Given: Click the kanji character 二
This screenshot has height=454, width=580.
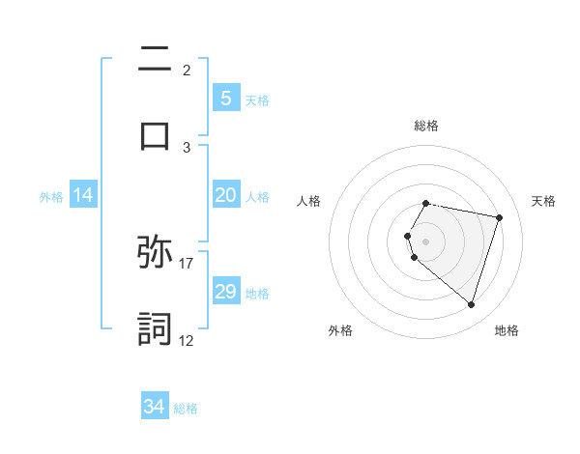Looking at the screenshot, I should click(x=154, y=61).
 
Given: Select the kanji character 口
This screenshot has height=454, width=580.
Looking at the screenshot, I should click(x=154, y=134).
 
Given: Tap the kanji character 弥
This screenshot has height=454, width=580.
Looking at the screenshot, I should click(x=155, y=254).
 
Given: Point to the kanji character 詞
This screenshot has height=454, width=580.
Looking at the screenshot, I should click(x=155, y=328).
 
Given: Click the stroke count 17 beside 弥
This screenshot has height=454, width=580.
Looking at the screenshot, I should click(x=187, y=262).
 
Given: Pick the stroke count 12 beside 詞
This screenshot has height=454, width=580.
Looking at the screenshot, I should click(x=187, y=339).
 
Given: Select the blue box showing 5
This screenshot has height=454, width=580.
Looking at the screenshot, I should click(x=225, y=99).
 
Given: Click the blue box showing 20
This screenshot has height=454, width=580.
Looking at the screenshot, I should click(x=225, y=195).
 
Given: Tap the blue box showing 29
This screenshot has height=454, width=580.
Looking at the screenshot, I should click(x=225, y=292).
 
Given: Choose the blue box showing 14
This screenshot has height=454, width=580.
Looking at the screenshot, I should click(x=83, y=195).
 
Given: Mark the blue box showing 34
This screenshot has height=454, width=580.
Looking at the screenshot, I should click(x=154, y=407).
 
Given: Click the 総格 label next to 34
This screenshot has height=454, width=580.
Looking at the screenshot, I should click(x=187, y=409).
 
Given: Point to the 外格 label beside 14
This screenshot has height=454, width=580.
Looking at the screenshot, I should click(x=51, y=197).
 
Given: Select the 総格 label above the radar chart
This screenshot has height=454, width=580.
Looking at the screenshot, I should click(x=425, y=126).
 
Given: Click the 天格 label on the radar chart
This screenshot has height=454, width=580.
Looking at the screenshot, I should click(x=544, y=201).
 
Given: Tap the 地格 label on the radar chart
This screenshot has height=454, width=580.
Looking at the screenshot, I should click(x=507, y=330).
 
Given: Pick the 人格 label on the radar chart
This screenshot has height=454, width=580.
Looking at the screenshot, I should click(x=308, y=201).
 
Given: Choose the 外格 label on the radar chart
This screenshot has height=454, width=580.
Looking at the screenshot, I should click(x=340, y=330).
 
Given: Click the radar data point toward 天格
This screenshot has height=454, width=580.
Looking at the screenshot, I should click(x=500, y=217).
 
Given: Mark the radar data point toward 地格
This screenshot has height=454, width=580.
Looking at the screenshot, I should click(x=471, y=305).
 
